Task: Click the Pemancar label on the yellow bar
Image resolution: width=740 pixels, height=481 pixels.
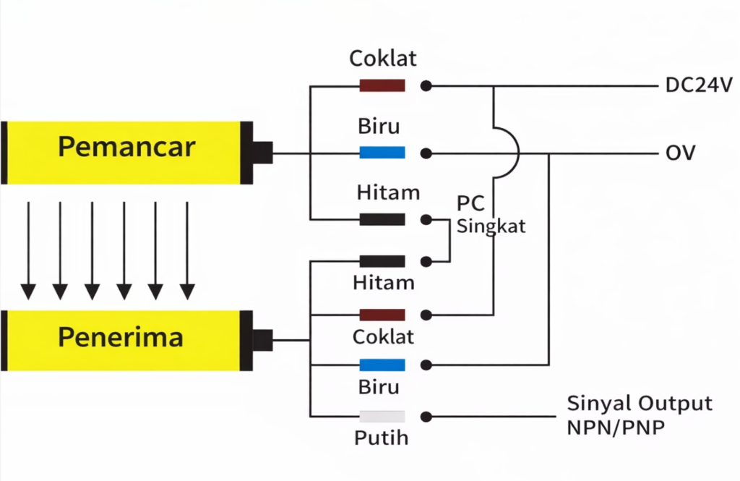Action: (126, 147)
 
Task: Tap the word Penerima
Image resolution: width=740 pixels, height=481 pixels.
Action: (121, 337)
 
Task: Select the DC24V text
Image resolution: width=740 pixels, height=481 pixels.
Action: (699, 85)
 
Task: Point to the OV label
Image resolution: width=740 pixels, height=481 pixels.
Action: (680, 153)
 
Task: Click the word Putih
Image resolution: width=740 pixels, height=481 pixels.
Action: (381, 438)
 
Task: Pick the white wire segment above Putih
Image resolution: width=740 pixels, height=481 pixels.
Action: (382, 417)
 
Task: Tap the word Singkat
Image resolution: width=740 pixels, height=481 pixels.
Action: (491, 226)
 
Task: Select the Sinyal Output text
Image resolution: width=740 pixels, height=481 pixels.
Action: (640, 404)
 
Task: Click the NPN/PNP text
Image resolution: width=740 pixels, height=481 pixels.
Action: (616, 427)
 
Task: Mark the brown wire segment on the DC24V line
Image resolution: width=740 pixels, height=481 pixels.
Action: (382, 85)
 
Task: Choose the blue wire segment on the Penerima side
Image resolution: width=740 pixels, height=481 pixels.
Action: (382, 365)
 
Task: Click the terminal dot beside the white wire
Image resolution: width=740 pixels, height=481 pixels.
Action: (427, 417)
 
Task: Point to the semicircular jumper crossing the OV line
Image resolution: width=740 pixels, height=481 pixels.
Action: (510, 153)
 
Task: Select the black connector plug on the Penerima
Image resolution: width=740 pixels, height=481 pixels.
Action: (263, 339)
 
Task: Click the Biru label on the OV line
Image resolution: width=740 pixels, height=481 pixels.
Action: (379, 127)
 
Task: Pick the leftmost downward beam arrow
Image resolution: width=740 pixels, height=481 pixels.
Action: (28, 250)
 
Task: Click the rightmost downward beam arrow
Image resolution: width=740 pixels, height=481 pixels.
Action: (187, 250)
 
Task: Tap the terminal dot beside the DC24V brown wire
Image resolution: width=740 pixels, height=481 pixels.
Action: (427, 85)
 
